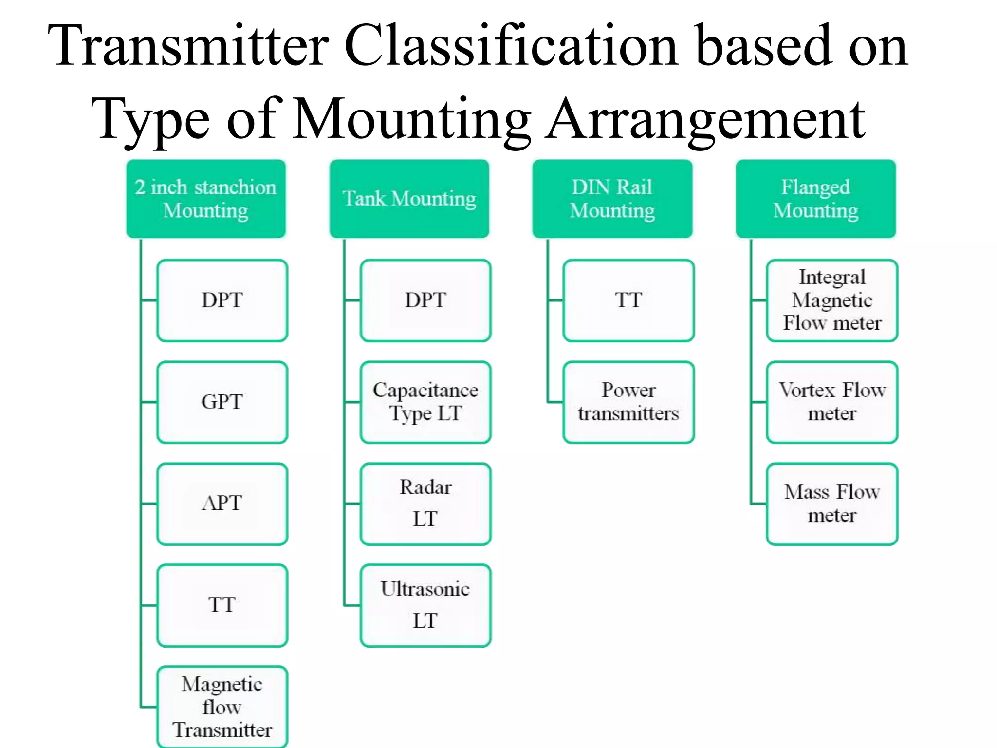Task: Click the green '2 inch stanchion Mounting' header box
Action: [205, 199]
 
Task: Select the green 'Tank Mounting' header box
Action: [409, 199]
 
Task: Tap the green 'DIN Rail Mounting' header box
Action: [612, 199]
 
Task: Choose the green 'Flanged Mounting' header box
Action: [815, 199]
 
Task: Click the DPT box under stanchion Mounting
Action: [222, 300]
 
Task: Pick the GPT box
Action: [222, 402]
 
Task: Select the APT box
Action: [222, 504]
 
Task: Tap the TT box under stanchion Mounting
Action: [222, 605]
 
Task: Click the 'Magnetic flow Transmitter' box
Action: [222, 707]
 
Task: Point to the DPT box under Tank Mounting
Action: [425, 300]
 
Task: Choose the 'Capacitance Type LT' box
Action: [425, 402]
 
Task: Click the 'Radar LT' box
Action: [425, 504]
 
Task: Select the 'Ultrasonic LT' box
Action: [425, 605]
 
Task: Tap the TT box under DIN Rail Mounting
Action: [628, 300]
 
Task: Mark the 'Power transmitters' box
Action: [628, 402]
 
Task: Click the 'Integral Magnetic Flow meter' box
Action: [832, 300]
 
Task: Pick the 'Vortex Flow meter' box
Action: [832, 402]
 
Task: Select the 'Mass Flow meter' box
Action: [832, 504]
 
